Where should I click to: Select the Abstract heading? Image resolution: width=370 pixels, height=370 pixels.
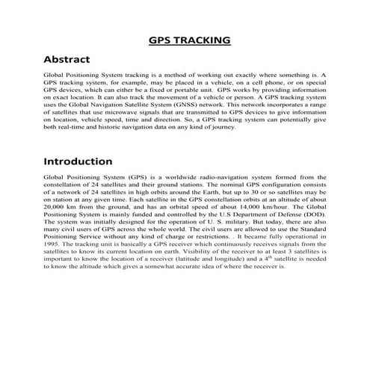coord(67,59)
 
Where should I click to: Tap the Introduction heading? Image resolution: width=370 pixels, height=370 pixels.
coord(78,161)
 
